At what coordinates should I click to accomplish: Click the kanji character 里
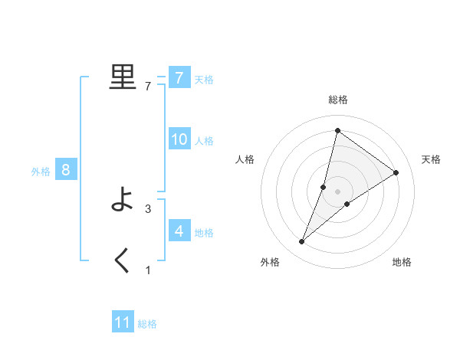123,77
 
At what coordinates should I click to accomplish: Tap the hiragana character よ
123,200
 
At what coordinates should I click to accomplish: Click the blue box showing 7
179,77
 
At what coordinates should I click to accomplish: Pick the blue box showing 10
179,139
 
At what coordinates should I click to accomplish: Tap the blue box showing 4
179,231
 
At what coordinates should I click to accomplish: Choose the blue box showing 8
66,170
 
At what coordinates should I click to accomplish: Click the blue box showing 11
123,322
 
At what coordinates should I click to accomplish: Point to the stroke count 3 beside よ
148,208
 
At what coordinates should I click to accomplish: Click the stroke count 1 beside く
148,270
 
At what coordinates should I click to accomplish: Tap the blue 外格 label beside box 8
41,172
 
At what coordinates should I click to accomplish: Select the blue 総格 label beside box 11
147,324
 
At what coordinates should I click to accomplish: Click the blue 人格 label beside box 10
204,141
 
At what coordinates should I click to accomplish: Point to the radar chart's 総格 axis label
337,100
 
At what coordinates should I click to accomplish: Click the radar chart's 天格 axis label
431,159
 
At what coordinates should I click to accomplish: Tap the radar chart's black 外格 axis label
270,262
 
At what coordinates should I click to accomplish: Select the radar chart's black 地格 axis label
402,262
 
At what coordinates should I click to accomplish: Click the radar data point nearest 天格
396,172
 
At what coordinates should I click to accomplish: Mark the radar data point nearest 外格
302,242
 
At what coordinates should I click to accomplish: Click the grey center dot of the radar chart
337,191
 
